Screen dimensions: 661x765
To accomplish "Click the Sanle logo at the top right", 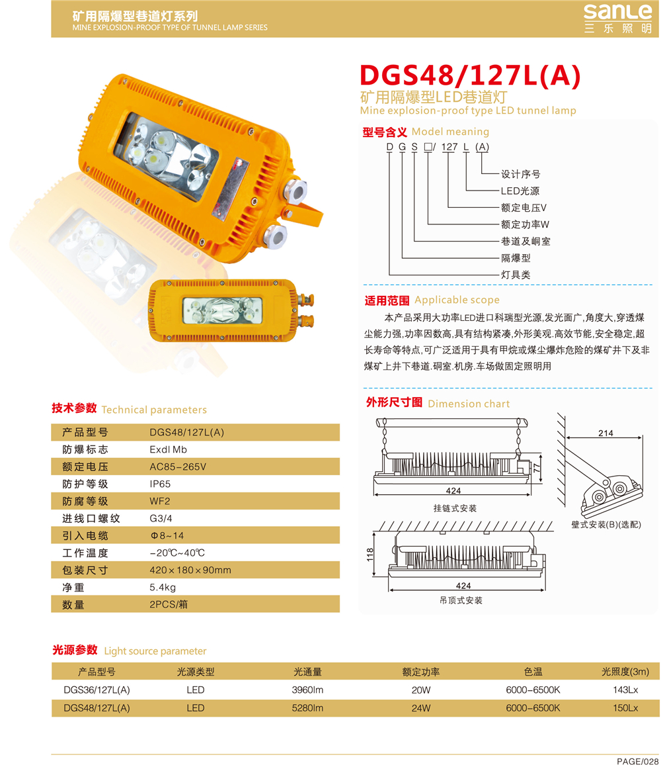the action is pos(617,18).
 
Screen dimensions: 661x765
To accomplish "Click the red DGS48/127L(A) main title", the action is pos(470,75).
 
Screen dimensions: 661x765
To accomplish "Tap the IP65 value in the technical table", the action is pos(160,484).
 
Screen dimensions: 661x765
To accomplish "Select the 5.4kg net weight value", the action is pos(163,588).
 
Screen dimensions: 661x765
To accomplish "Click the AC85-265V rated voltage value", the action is pos(178,467).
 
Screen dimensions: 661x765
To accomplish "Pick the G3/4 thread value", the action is pos(161,518).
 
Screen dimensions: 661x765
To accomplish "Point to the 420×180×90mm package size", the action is pos(190,570).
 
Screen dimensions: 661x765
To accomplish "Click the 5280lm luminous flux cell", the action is pos(307,708).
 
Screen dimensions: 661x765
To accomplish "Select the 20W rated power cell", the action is pos(420,690).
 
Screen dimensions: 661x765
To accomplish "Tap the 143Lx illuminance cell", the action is pos(625,690).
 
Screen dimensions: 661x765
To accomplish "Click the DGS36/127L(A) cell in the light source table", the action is pos(97,690).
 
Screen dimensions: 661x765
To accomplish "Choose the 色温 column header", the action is pos(533,672).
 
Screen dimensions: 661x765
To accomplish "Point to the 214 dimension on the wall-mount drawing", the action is pos(605,433).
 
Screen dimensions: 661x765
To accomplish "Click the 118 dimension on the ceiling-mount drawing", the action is pos(370,555).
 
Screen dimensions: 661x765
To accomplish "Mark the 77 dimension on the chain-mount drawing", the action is pos(537,467).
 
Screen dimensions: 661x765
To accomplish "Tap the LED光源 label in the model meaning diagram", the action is pos(520,191).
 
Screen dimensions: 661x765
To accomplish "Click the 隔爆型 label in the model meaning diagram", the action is pos(516,258).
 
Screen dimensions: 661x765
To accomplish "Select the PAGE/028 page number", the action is pos(638,760).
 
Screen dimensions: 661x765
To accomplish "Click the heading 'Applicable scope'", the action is pos(457,300).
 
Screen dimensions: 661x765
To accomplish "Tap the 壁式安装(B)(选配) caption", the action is pos(606,525).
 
